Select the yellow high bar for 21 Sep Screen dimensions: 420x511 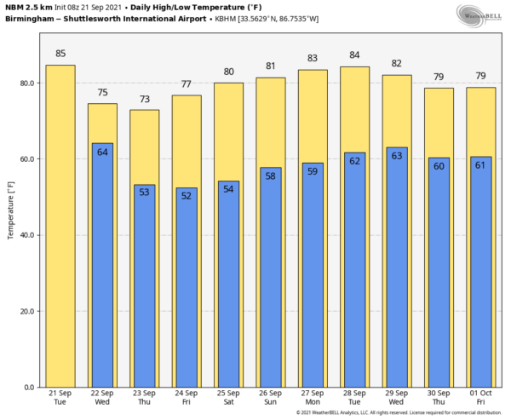(x=60, y=226)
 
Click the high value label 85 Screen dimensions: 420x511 (x=60, y=54)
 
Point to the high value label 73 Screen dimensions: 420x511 (x=144, y=99)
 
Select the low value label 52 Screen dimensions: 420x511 (x=187, y=196)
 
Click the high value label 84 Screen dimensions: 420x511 (x=355, y=55)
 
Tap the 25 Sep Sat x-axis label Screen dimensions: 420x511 (x=229, y=397)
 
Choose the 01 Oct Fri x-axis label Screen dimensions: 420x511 (x=481, y=397)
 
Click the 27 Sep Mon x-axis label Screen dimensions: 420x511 (x=313, y=397)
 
